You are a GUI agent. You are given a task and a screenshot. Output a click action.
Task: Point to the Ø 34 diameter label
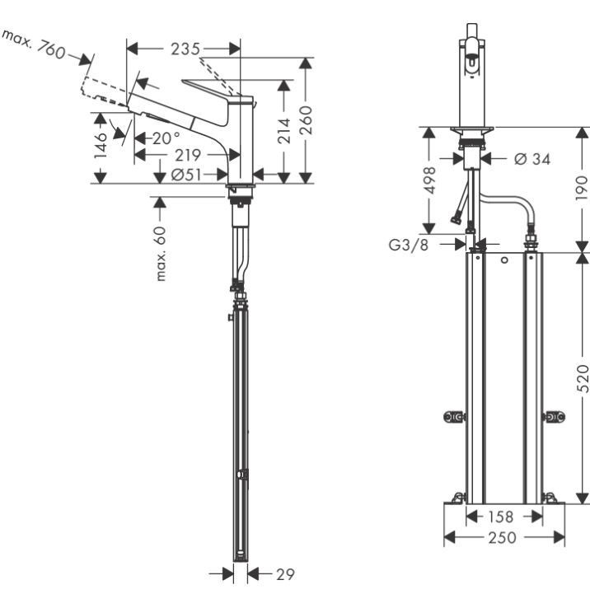(x=531, y=158)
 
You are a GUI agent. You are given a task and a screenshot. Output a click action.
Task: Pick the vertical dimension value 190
(x=582, y=189)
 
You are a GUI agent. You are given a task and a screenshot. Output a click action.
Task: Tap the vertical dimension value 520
(x=582, y=377)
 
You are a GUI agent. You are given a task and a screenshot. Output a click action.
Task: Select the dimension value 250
(x=503, y=537)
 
